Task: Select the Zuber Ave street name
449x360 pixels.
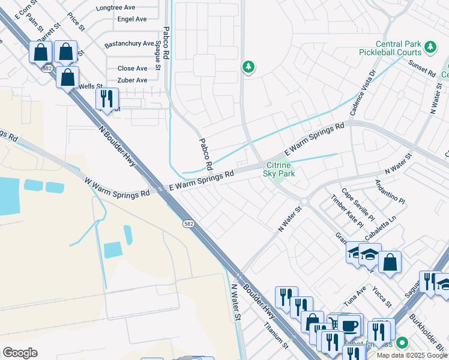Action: point(133,80)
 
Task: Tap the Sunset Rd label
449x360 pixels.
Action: point(421,67)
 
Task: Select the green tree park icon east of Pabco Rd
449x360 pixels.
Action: point(248,67)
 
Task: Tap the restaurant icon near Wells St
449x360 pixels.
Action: point(107,98)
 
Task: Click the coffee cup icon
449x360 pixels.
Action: point(349,326)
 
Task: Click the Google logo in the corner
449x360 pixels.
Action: point(20,353)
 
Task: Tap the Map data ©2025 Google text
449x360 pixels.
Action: point(412,355)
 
